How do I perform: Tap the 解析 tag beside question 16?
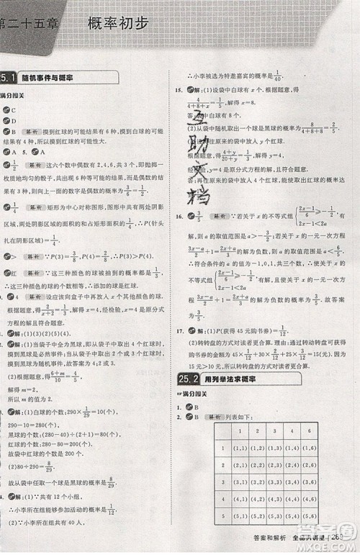coord(218,215)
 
